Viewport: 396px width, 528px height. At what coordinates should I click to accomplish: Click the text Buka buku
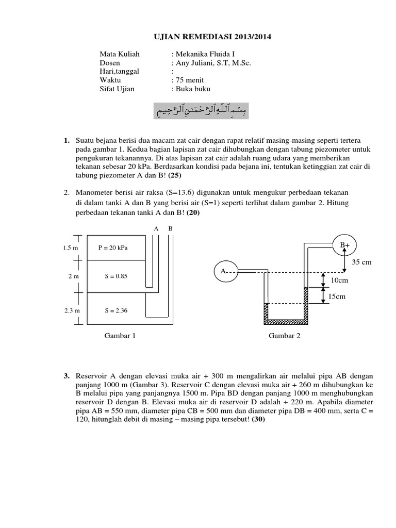[x=193, y=89]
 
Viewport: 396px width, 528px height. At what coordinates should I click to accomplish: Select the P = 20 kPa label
[x=113, y=247]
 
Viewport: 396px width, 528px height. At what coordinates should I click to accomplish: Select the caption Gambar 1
[x=120, y=336]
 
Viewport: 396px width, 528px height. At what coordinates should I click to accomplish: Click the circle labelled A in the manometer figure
[x=225, y=271]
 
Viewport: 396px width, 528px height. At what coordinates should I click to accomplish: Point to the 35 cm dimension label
[x=362, y=262]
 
